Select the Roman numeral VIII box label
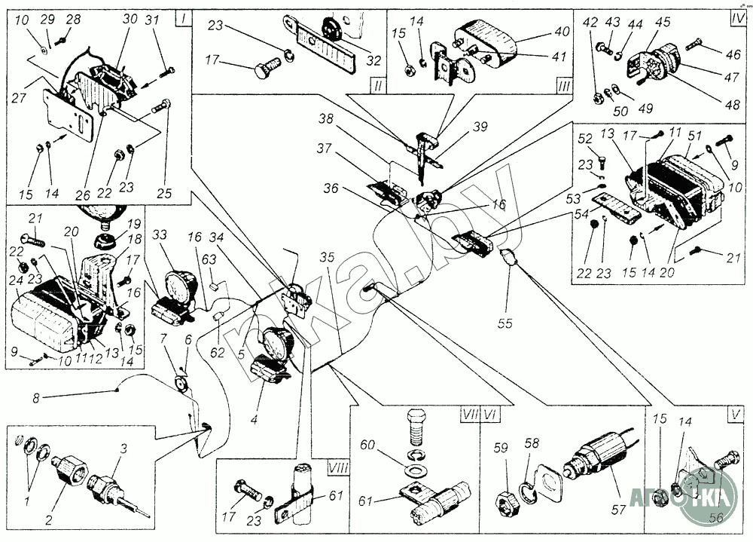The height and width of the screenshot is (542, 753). (337, 468)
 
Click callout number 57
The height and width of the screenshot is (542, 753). (618, 510)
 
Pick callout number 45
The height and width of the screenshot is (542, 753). (662, 23)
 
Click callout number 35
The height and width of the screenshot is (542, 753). (326, 257)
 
